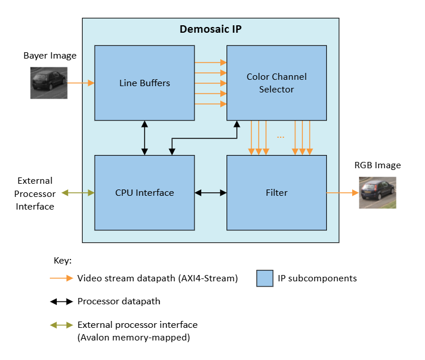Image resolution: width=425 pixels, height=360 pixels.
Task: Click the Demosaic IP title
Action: (210, 29)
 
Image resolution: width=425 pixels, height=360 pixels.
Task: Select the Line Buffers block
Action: (145, 83)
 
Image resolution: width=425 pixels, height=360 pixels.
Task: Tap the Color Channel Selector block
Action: (276, 83)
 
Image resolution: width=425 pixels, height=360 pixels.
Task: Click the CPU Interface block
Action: (145, 192)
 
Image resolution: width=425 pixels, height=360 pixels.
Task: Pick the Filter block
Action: (276, 192)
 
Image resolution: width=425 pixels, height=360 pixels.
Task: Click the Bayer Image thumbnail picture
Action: (49, 83)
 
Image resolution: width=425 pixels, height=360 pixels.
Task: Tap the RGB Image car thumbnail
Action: (377, 192)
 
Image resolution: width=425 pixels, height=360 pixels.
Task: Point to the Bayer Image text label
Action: (50, 56)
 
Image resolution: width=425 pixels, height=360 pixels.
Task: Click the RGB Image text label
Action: (377, 165)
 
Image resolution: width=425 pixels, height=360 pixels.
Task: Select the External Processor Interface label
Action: (36, 193)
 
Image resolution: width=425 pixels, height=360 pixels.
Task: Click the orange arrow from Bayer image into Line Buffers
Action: (81, 83)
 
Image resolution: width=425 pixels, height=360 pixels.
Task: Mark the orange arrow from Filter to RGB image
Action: (342, 193)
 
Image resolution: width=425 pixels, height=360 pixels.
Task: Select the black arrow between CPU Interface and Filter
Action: (210, 193)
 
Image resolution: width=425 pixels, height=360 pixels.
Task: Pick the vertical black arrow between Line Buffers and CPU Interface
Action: (145, 138)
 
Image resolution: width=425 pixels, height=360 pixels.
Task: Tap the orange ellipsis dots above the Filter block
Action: (281, 137)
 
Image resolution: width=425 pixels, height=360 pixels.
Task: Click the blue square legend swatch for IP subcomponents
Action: (265, 278)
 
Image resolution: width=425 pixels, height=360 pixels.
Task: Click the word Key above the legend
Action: (62, 260)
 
